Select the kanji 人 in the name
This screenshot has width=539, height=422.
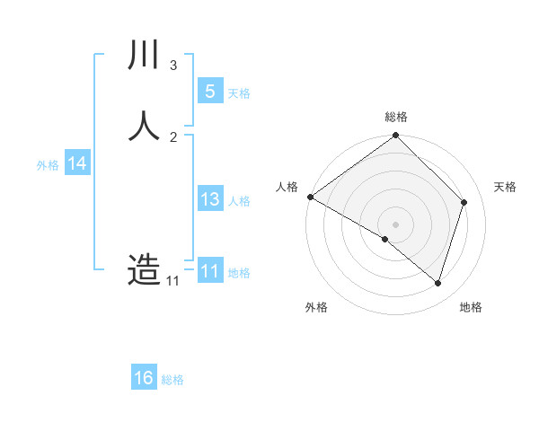[x=144, y=126]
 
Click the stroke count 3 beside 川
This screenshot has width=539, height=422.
[x=173, y=66]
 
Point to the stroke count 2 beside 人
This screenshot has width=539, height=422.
[x=173, y=136]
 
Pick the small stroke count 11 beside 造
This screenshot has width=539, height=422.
[x=172, y=281]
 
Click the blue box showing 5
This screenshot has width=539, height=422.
[x=209, y=91]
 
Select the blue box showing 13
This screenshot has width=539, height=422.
[x=209, y=199]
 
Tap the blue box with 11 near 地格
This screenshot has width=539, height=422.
[x=209, y=271]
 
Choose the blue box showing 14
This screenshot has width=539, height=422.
[x=77, y=163]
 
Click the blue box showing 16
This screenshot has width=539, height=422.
[x=144, y=378]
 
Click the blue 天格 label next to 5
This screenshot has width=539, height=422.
[x=239, y=92]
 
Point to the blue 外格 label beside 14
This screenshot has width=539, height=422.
[x=48, y=165]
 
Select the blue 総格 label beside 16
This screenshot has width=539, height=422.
[x=172, y=380]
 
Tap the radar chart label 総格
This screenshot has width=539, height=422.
[x=396, y=118]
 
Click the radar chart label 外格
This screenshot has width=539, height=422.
[x=316, y=307]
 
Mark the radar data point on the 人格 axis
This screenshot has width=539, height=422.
[x=310, y=197]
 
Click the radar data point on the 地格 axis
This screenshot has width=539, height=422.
[x=438, y=284]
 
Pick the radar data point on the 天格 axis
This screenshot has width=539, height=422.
[x=464, y=202]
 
